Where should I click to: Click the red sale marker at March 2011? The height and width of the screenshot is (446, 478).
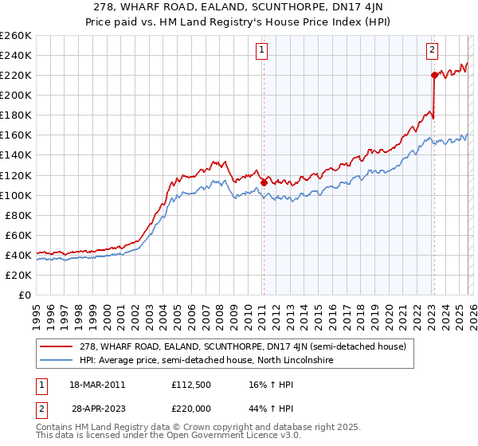pyautogui.click(x=264, y=182)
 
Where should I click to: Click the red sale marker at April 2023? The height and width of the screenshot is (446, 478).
pyautogui.click(x=434, y=75)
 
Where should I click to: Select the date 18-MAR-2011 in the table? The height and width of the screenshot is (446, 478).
pyautogui.click(x=98, y=384)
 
